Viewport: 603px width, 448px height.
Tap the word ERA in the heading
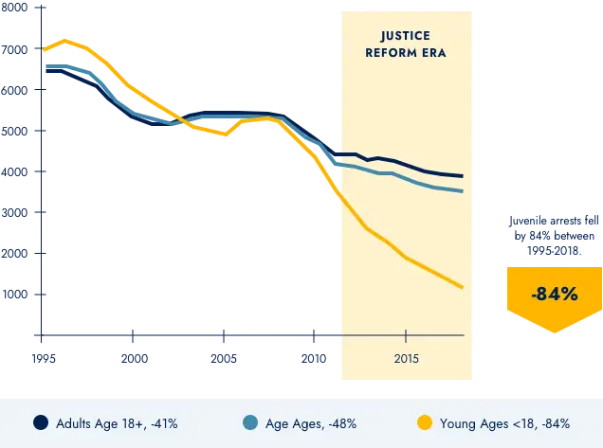434,53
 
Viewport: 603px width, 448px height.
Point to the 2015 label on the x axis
406,360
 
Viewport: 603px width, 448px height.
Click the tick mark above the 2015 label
406,335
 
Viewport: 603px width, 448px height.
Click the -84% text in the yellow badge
555,295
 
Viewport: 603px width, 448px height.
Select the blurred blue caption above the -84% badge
555,235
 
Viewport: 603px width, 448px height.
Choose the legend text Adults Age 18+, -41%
117,423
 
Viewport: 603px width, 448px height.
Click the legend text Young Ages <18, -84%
504,423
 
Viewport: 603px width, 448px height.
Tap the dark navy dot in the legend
41,423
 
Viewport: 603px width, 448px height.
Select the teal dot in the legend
250,423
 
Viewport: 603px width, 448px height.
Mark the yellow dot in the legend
426,423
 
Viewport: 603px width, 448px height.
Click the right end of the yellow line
462,287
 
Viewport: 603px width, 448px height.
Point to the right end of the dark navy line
462,176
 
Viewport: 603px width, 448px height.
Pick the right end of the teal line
462,191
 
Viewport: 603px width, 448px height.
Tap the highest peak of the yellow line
64,41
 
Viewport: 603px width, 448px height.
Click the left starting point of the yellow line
43,49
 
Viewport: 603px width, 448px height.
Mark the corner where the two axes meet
42,335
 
